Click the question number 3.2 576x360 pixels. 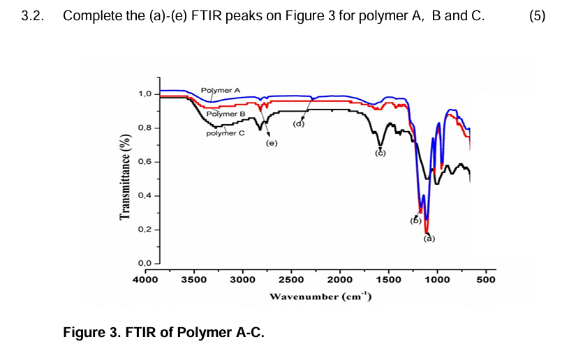click(33, 15)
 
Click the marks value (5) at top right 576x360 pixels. click(537, 15)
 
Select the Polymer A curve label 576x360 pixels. click(220, 91)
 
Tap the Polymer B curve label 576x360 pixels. click(226, 114)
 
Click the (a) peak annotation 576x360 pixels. click(429, 239)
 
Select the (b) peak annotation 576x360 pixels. click(415, 220)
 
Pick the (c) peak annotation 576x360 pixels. click(381, 153)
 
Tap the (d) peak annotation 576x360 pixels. click(299, 124)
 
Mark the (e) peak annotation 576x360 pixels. click(272, 144)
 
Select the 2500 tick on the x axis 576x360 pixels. click(291, 280)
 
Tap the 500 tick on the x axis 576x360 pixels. click(485, 280)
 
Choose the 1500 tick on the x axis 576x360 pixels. click(388, 280)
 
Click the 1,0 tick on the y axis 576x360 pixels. click(145, 94)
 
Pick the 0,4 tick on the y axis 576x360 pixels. click(145, 196)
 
